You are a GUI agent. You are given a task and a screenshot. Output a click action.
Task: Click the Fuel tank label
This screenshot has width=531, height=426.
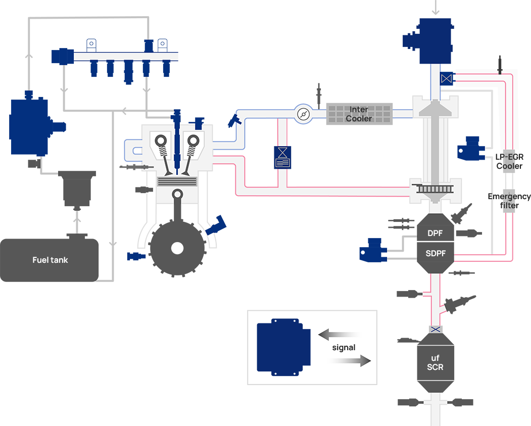pos(50,260)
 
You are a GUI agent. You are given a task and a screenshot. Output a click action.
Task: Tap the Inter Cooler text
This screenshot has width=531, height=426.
pos(358,114)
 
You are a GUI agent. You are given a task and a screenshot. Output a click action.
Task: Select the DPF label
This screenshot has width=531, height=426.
pos(435,234)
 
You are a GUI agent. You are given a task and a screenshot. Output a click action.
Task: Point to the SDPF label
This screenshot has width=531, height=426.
pos(436,253)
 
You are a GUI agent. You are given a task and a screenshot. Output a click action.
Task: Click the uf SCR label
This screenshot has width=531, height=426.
pos(435,363)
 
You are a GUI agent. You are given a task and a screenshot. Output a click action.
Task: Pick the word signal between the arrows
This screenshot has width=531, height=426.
pos(344,348)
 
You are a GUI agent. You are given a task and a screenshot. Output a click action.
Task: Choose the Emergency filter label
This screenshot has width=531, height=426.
pos(509,201)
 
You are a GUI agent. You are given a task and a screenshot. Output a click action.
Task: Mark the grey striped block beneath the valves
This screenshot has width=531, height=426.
pos(177,181)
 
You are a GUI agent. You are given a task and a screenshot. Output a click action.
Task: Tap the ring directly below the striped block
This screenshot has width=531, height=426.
pos(177,194)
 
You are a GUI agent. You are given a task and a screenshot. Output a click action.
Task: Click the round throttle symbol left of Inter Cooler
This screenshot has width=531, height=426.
pos(303,114)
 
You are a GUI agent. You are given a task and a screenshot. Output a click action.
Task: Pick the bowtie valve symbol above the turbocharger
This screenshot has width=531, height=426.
pos(446,78)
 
